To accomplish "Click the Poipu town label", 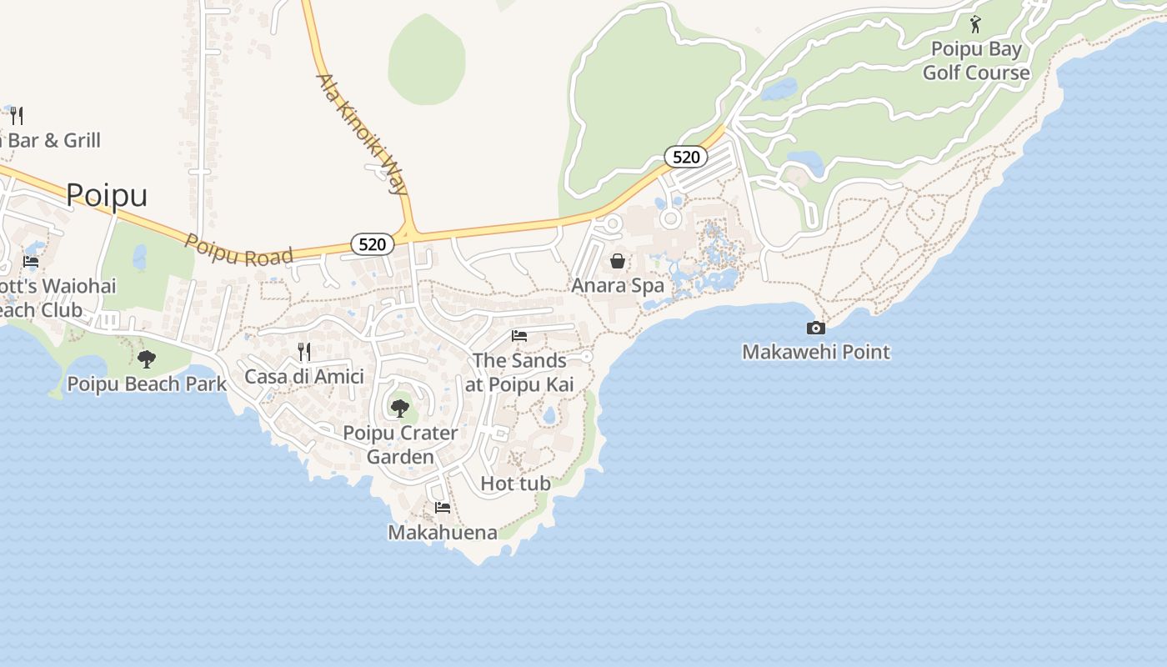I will point(107,195).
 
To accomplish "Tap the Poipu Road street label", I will point(238,249).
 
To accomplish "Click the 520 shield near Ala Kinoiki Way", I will point(372,244).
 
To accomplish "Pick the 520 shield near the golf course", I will point(685,157).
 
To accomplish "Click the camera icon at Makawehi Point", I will point(816,328).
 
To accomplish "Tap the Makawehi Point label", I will point(816,352).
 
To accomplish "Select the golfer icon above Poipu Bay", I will point(975,24).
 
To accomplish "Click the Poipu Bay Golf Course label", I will point(976,61).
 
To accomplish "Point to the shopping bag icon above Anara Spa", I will point(618,261).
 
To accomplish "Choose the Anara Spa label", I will point(618,285).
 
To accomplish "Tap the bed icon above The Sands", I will point(519,336).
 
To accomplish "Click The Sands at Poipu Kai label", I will point(520,372).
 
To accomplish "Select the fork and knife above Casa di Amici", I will point(304,352).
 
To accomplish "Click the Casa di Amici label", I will point(304,376).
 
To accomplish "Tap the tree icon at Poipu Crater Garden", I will point(400,408).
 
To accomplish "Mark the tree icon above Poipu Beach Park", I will point(147,359).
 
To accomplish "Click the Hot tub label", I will point(516,483).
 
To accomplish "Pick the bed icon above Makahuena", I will point(443,507).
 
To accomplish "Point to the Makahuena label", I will point(443,532).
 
